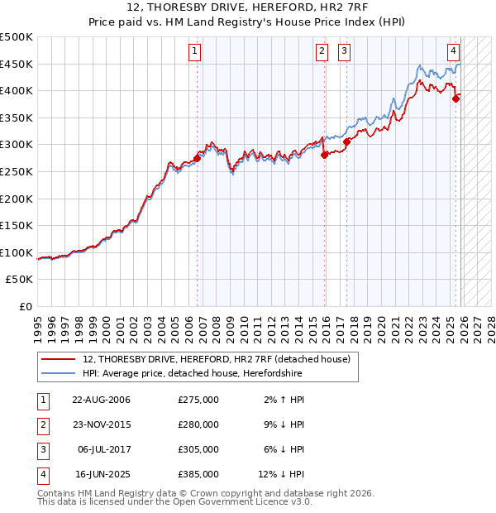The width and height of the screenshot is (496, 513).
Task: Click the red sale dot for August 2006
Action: click(x=197, y=158)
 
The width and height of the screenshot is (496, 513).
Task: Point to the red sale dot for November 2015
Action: click(x=324, y=155)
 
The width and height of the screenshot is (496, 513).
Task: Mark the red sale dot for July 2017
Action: click(x=346, y=141)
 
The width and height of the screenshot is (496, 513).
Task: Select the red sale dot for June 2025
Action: click(x=455, y=98)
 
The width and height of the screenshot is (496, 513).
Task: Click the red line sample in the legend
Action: click(x=59, y=359)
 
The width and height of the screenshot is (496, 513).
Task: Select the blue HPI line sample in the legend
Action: click(x=59, y=374)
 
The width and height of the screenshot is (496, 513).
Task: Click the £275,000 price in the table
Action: click(x=198, y=400)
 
